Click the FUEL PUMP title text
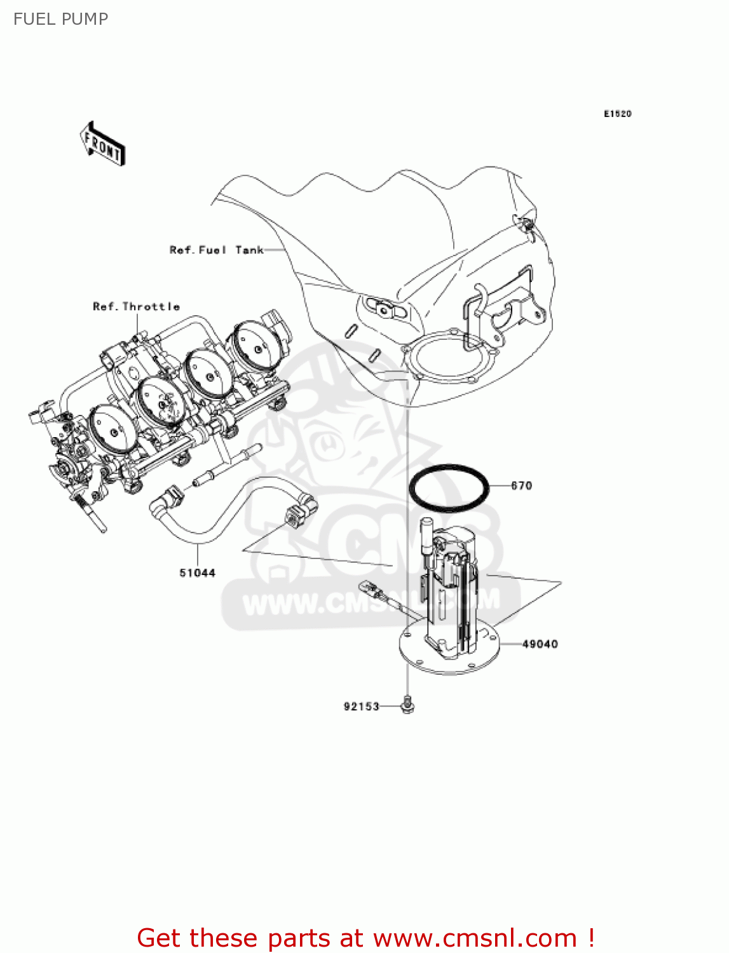pyautogui.click(x=60, y=19)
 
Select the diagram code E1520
pyautogui.click(x=617, y=114)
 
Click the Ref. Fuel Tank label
pyautogui.click(x=216, y=250)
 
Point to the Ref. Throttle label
pyautogui.click(x=136, y=307)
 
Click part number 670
pyautogui.click(x=521, y=486)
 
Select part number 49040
pyautogui.click(x=540, y=644)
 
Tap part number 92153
pyautogui.click(x=361, y=706)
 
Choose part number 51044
pyautogui.click(x=197, y=573)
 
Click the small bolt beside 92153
pyautogui.click(x=407, y=705)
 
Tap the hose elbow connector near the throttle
pyautogui.click(x=163, y=499)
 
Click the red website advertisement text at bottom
pyautogui.click(x=365, y=938)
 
